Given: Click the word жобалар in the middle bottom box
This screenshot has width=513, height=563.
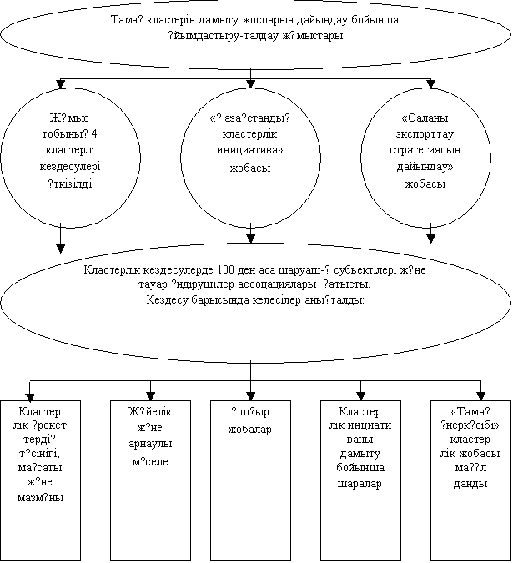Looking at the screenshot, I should pyautogui.click(x=251, y=429).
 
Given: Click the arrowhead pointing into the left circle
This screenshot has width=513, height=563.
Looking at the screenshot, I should pyautogui.click(x=61, y=83).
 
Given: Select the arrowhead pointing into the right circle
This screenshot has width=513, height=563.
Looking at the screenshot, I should pyautogui.click(x=430, y=83).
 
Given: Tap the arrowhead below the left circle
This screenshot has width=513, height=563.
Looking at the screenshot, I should pyautogui.click(x=61, y=247).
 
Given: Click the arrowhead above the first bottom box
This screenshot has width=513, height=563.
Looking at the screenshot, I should pyautogui.click(x=32, y=395).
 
